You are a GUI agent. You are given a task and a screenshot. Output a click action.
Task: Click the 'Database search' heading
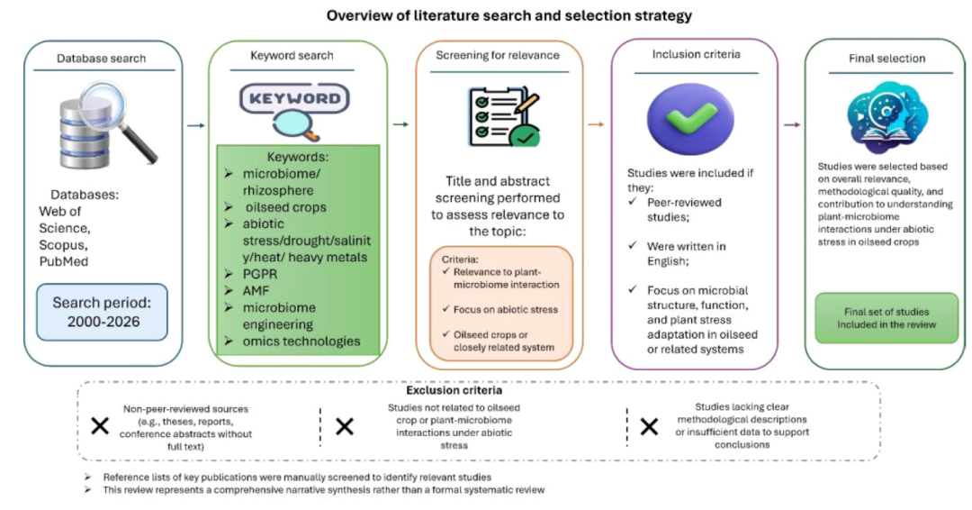[101, 59]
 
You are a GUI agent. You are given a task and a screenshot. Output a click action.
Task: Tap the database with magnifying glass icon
[106, 125]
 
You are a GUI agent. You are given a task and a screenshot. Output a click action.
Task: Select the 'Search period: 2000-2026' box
[103, 312]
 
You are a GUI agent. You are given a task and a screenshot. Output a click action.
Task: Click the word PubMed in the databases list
[64, 261]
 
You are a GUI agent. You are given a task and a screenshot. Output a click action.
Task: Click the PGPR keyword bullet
[260, 274]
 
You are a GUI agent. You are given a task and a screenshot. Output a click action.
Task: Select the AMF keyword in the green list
[256, 290]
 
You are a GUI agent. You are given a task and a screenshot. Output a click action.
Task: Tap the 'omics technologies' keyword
[301, 341]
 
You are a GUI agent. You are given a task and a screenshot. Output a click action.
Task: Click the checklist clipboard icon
[503, 116]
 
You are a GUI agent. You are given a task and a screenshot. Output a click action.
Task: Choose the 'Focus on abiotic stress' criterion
[505, 309]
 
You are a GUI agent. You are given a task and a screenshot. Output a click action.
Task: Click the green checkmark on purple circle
[690, 118]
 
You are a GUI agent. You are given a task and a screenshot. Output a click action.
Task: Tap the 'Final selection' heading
[887, 59]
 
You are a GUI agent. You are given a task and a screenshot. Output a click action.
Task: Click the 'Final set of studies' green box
[886, 318]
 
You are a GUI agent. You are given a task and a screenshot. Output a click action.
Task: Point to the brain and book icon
[886, 118]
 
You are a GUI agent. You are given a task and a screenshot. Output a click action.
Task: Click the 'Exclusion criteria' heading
[454, 390]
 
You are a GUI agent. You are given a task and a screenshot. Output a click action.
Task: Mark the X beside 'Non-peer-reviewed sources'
[100, 426]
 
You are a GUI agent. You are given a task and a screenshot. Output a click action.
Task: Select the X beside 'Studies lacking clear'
[649, 427]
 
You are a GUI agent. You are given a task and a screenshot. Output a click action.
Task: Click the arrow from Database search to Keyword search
[196, 125]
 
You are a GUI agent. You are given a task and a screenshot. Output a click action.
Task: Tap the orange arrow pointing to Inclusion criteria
[596, 124]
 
